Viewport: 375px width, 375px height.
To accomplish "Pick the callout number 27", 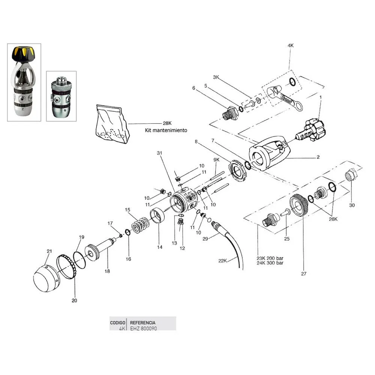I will click(303, 274).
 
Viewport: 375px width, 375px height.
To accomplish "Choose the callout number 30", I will click(351, 205).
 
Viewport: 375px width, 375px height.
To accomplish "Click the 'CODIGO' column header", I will click(117, 322).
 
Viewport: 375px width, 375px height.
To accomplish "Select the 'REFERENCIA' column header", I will click(142, 322).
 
